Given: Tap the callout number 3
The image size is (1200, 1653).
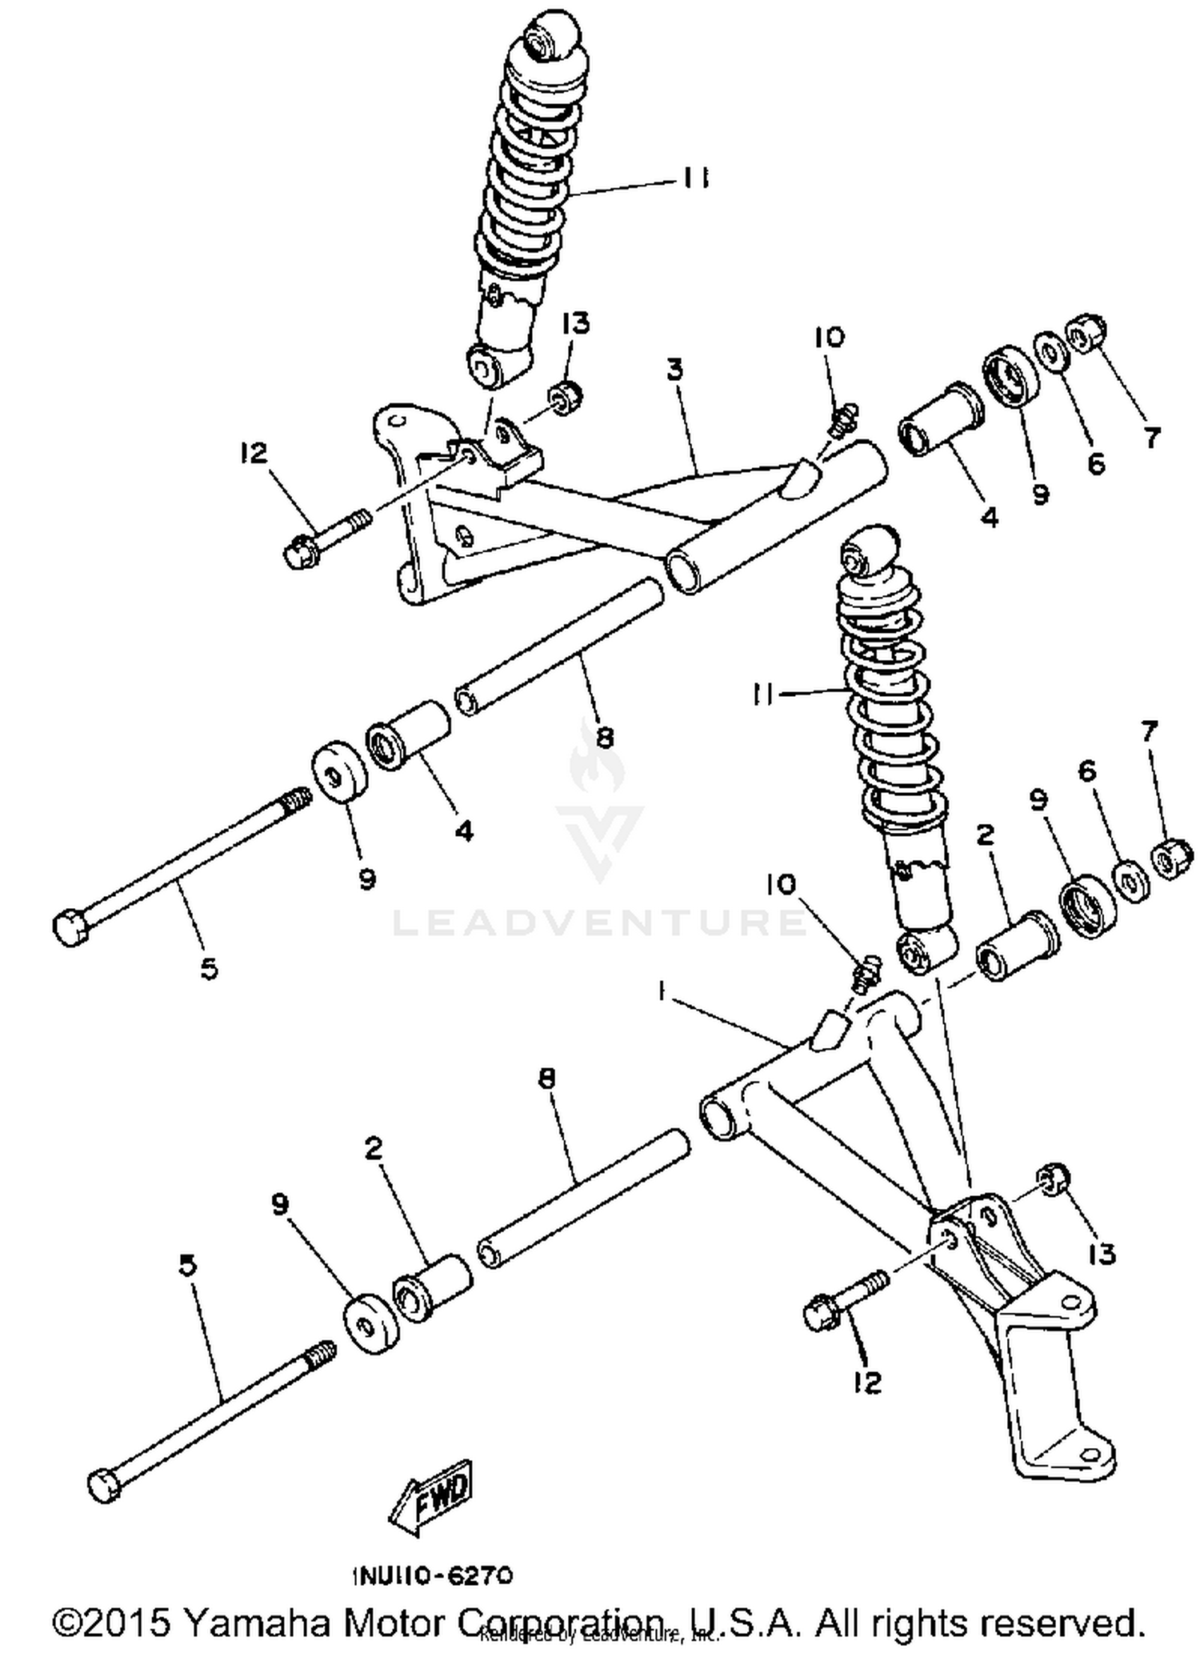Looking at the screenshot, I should (x=675, y=370).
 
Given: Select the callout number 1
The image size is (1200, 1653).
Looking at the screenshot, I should (x=662, y=992).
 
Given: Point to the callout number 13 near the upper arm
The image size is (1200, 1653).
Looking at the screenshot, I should (x=575, y=323).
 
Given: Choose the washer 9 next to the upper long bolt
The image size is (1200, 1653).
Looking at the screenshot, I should (x=339, y=772).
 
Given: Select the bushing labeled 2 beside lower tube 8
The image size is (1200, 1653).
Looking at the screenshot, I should (x=432, y=1287).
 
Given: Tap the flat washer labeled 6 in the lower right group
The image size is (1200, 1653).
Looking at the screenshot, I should (x=1129, y=880).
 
